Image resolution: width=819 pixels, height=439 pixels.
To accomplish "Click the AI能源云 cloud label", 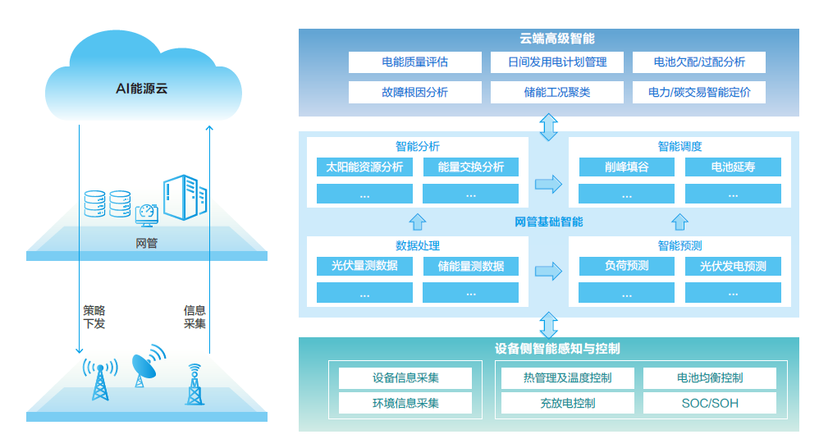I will click(x=141, y=88).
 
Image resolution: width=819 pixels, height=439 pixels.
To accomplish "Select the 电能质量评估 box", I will click(x=414, y=62).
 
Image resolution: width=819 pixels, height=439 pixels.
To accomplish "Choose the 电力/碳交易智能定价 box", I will click(x=698, y=92).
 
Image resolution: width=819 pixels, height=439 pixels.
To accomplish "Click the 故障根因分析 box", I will click(x=414, y=92).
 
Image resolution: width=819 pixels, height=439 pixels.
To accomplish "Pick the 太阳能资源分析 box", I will click(x=364, y=167).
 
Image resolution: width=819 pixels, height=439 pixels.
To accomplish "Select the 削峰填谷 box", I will click(x=626, y=167).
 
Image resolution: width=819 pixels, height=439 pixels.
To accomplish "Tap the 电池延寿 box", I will click(x=733, y=167).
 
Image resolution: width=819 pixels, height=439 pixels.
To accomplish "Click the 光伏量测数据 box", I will click(x=364, y=266).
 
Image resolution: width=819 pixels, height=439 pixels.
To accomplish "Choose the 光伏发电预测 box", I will click(x=733, y=266).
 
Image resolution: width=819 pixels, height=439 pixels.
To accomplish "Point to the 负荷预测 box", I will click(x=626, y=266).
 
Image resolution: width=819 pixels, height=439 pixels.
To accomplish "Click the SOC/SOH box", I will click(x=710, y=403).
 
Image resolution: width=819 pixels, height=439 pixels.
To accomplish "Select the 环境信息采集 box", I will click(x=405, y=403).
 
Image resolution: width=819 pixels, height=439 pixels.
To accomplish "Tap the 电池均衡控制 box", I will click(x=710, y=377).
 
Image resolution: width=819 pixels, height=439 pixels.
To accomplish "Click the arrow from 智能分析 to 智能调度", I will click(x=548, y=184).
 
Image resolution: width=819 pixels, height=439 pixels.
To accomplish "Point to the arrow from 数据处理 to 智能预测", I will click(x=548, y=272).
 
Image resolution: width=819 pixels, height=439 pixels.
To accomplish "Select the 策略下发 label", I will click(x=94, y=317).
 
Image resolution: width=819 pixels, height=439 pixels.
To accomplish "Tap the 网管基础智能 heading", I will click(x=548, y=222).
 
